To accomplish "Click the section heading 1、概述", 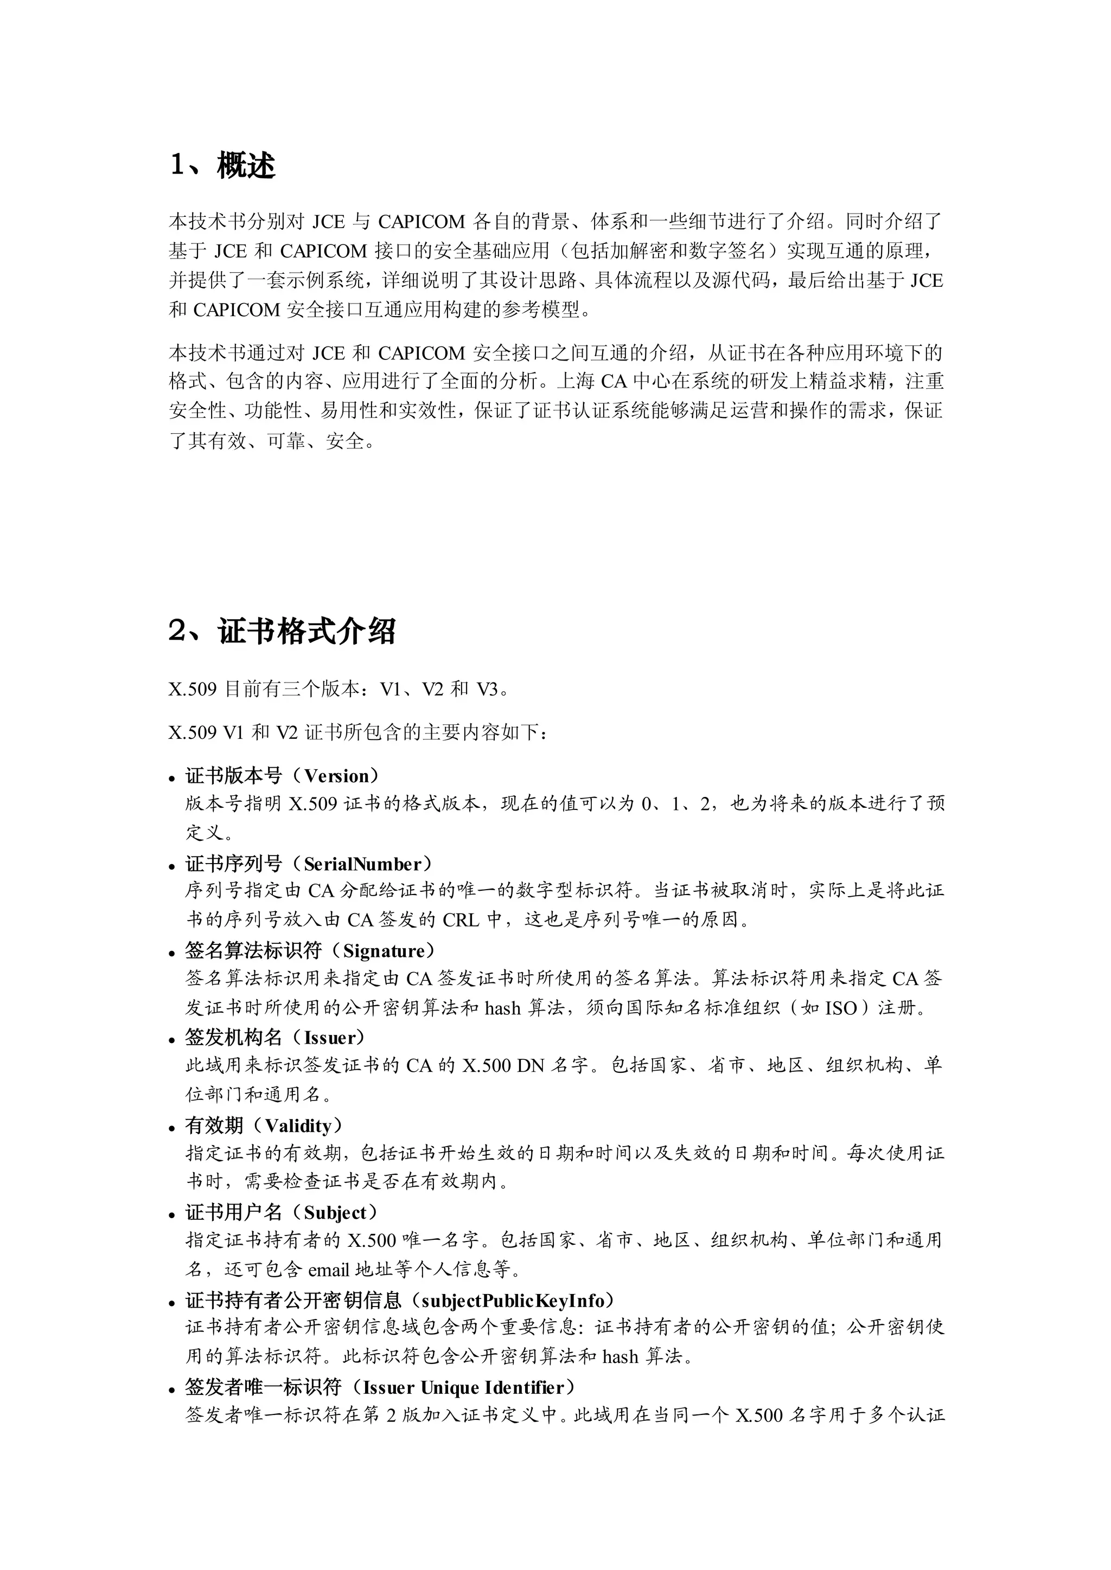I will (222, 165).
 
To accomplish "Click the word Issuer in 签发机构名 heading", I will (330, 1038).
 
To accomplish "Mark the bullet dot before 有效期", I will (173, 1128).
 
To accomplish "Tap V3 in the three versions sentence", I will (487, 689).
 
